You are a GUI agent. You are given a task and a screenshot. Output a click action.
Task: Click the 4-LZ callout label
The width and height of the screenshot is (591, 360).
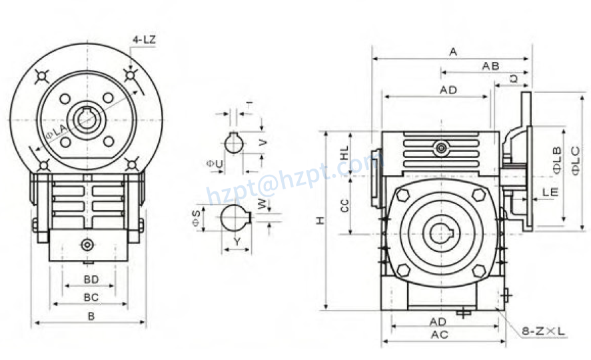point(144,40)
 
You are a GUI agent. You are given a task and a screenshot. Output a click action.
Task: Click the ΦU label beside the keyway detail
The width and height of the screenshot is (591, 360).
point(215,163)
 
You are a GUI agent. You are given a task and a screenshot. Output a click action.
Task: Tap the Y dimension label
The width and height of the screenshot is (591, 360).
point(237,241)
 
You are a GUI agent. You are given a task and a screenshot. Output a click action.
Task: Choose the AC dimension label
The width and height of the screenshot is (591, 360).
point(439,335)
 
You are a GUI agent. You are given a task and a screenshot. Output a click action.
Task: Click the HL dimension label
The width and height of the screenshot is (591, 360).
point(344,152)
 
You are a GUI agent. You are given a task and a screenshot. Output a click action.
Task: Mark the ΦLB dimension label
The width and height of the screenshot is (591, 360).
point(557,161)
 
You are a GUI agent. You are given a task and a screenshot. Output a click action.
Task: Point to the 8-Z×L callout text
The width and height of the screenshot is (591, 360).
point(543,330)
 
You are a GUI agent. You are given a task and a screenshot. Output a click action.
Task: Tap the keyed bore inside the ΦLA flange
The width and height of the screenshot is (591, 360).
point(87,120)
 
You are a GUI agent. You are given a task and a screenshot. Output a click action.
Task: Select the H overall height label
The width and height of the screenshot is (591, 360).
point(320,220)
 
